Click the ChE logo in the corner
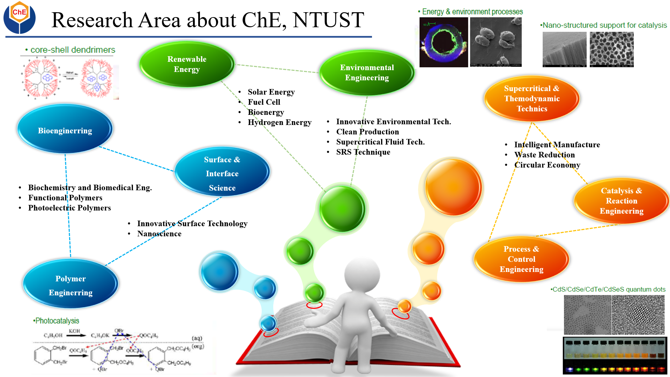pos(20,17)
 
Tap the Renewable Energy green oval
pos(187,64)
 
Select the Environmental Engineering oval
pos(367,73)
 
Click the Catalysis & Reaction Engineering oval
pos(621,201)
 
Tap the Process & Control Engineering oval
pos(521,259)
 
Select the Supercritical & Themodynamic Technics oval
pos(532,98)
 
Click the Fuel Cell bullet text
pos(264,102)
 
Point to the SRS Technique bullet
pos(363,152)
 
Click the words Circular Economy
pos(547,165)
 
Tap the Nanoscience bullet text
pos(159,234)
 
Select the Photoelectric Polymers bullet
pos(69,208)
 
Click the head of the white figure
pos(362,274)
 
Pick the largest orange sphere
pos(453,187)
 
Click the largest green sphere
pos(342,209)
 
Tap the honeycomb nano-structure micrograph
pos(611,49)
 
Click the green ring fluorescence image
pos(443,42)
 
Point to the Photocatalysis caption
pos(57,320)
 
